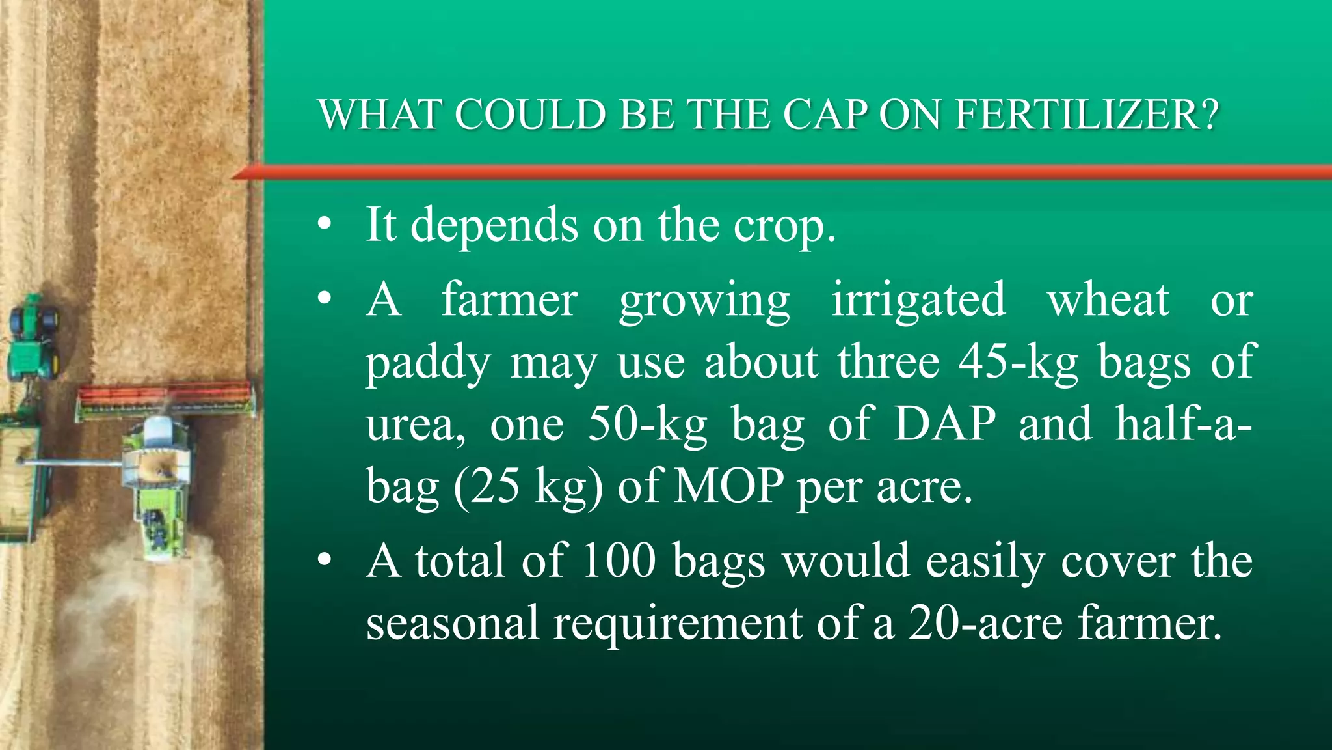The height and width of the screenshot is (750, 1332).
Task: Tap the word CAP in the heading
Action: (825, 115)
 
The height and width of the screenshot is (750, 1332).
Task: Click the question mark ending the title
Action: (1209, 115)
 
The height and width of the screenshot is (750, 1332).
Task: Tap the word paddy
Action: (427, 363)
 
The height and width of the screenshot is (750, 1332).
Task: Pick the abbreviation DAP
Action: (944, 424)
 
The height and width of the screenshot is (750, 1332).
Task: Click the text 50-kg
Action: (647, 424)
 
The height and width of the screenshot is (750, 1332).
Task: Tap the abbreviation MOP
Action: (728, 486)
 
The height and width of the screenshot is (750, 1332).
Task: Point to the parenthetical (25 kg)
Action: (528, 487)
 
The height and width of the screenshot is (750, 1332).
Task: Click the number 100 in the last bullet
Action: (619, 561)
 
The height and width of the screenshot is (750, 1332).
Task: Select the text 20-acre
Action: (985, 623)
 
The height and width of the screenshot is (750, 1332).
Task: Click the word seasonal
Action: (452, 623)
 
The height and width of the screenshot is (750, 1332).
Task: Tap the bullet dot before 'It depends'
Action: (325, 225)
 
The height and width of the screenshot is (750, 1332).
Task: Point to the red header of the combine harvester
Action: (166, 395)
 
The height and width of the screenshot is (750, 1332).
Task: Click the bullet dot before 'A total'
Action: (325, 561)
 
